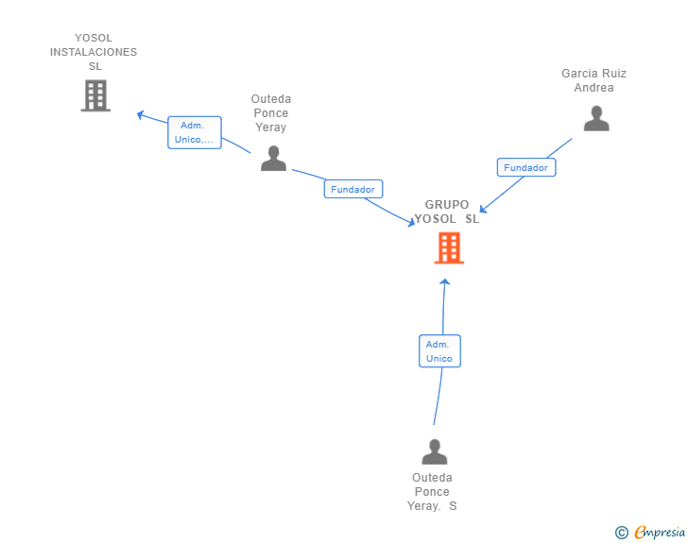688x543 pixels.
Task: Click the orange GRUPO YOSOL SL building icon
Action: tap(449, 247)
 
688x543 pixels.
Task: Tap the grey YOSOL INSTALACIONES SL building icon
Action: tap(95, 95)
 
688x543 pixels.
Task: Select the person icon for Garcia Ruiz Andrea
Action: tap(596, 118)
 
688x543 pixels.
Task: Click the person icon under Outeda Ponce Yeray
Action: tap(273, 158)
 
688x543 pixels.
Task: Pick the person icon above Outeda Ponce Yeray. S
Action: tap(435, 451)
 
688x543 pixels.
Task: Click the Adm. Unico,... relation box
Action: tap(195, 132)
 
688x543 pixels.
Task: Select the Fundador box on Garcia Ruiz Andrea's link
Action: tap(526, 167)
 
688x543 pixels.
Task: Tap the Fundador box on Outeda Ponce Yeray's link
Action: tap(353, 189)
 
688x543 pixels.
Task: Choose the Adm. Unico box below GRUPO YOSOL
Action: tap(439, 351)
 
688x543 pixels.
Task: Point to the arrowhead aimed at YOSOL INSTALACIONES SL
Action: tap(141, 115)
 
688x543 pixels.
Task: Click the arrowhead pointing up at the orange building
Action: tap(445, 282)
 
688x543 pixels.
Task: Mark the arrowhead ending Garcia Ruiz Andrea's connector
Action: tap(483, 209)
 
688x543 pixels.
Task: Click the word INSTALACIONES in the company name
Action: tap(94, 52)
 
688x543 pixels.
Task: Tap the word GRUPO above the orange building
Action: tap(447, 204)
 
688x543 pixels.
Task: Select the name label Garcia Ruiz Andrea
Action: tap(594, 80)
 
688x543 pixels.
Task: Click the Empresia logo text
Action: tap(660, 532)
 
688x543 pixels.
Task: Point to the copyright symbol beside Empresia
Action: tap(621, 533)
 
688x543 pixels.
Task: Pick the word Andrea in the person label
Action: tap(594, 88)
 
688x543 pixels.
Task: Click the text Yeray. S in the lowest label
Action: tap(432, 506)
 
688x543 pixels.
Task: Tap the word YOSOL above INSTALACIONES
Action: tap(94, 38)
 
